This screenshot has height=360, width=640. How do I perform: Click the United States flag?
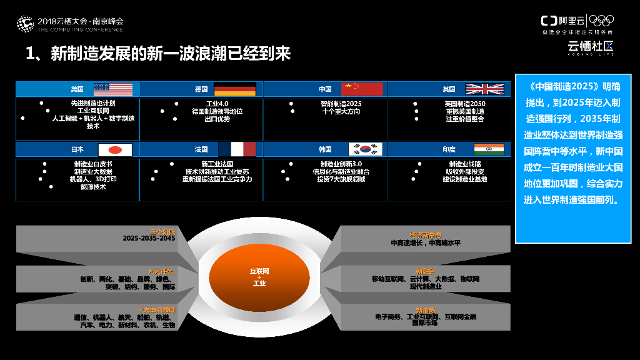(x=113, y=89)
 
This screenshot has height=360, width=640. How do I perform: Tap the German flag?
(x=235, y=89)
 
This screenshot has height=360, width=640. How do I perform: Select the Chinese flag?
(x=361, y=89)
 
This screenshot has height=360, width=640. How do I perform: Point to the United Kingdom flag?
(x=484, y=89)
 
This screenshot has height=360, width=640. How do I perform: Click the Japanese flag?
(x=115, y=150)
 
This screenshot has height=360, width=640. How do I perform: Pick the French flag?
(x=237, y=149)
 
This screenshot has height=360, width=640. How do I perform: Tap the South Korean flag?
(x=364, y=149)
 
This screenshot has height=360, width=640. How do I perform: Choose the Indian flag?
(x=488, y=149)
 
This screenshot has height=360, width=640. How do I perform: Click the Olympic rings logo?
(x=602, y=21)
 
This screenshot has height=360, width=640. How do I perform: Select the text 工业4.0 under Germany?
(x=218, y=104)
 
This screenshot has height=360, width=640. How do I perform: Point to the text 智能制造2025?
(x=341, y=104)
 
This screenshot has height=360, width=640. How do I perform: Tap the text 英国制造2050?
(x=465, y=104)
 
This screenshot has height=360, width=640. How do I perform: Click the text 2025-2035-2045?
(x=149, y=239)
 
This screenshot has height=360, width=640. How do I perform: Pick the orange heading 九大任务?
(x=161, y=271)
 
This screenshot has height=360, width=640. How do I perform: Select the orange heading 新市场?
(x=425, y=309)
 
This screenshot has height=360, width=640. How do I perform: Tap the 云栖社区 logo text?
(x=590, y=45)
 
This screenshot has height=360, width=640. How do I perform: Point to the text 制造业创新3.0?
(x=341, y=164)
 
